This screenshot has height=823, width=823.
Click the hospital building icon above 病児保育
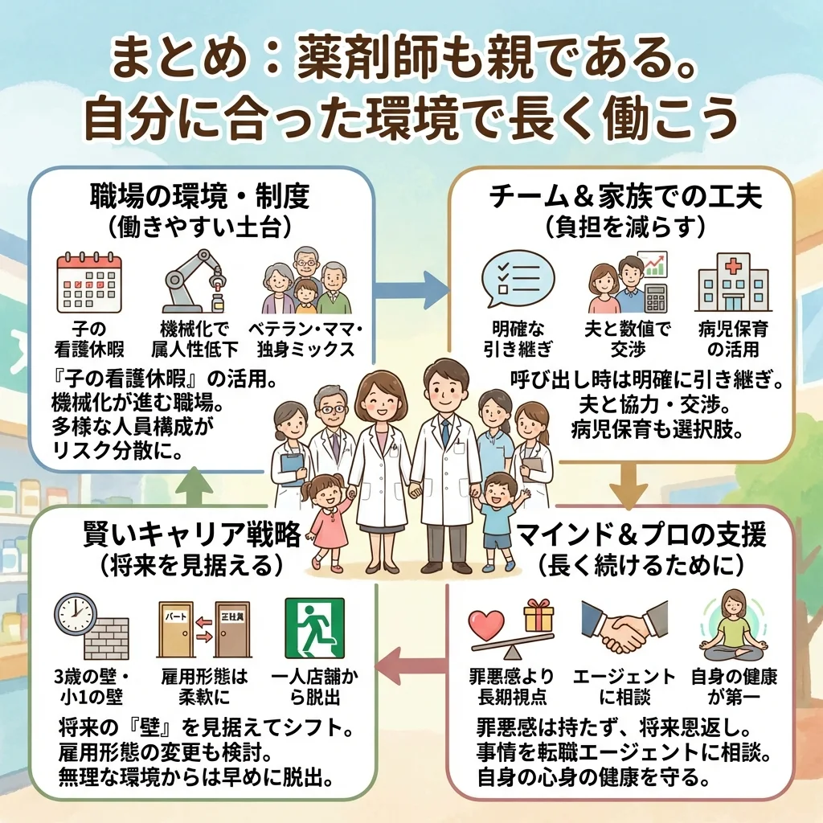(x=732, y=283)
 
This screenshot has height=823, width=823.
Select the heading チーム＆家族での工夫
(x=624, y=195)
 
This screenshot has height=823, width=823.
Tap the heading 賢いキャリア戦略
(x=192, y=533)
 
